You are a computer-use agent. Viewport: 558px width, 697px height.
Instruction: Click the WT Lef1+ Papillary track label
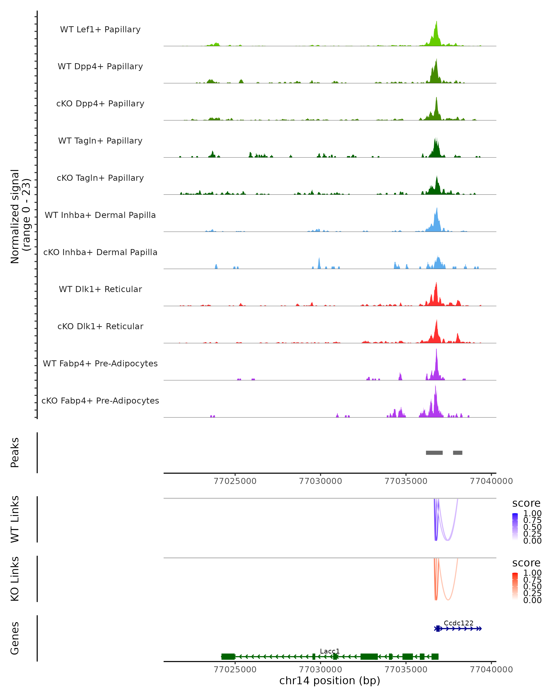pos(100,30)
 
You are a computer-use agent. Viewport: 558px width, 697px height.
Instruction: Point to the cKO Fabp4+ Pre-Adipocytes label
pos(100,401)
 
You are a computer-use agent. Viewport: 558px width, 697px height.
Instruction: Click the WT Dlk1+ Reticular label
pos(100,289)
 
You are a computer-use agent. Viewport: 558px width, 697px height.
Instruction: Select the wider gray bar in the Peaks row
pos(434,453)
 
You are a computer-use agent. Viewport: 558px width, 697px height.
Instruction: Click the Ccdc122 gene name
pos(458,623)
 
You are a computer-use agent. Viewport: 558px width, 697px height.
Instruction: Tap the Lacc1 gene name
pos(330,651)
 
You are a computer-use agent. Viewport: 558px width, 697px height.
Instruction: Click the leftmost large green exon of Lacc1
pos(228,657)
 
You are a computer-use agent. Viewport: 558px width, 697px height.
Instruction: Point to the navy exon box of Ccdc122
pos(438,628)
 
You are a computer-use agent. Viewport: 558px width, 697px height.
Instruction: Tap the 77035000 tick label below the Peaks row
pos(406,481)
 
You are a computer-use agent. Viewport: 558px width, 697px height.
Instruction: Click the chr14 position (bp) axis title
pos(330,681)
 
